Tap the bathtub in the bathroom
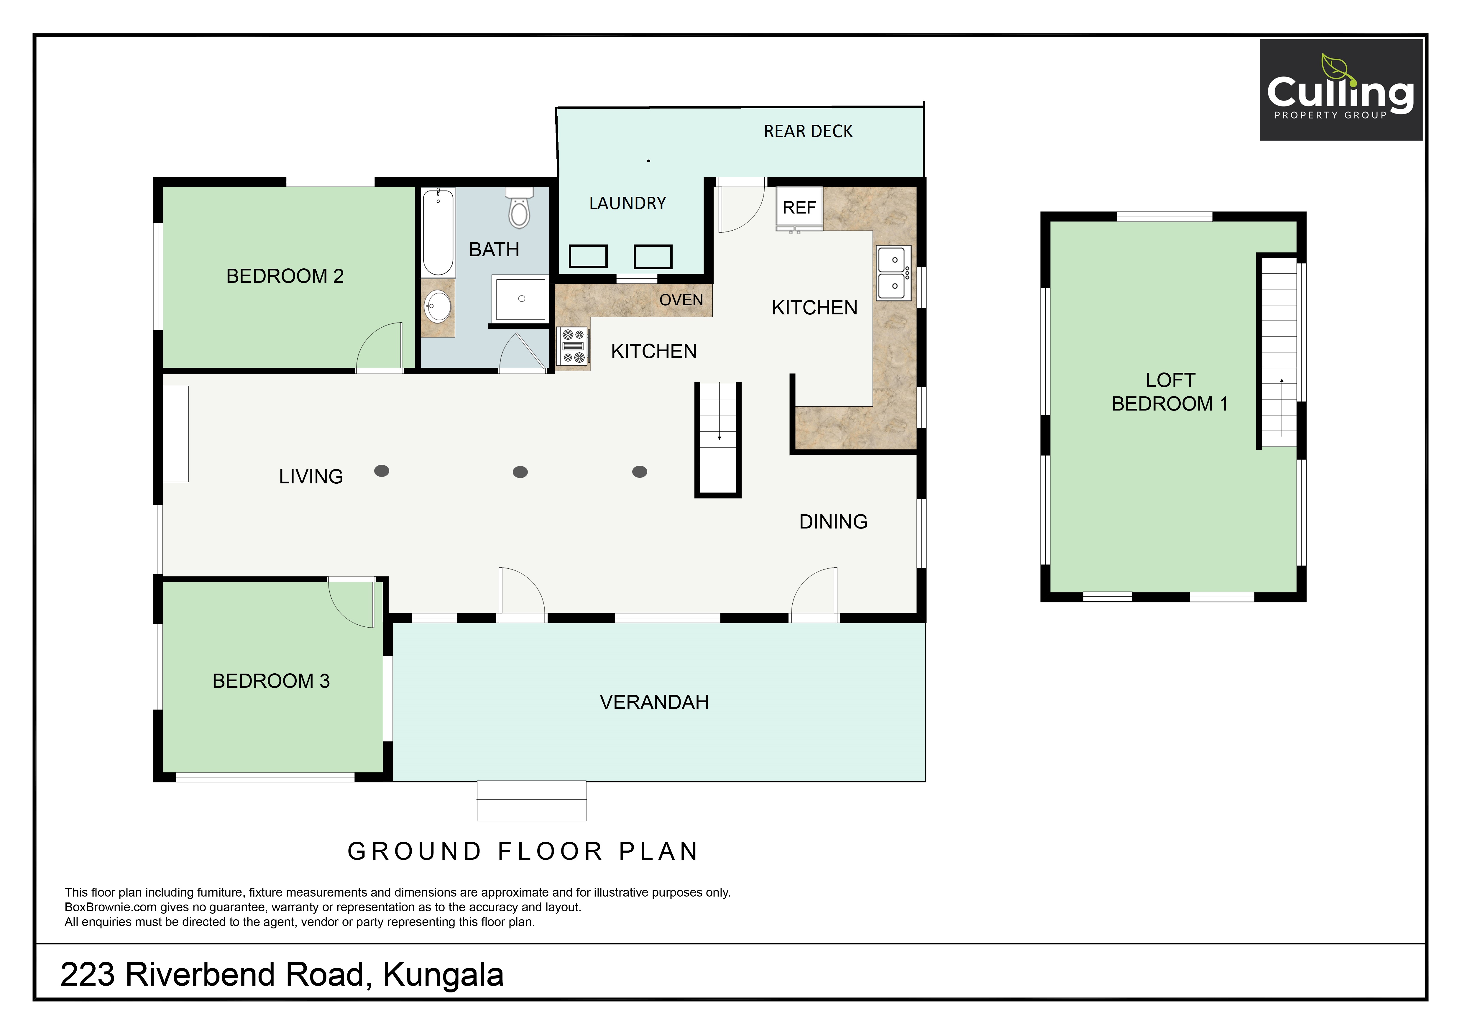tap(439, 232)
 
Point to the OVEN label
tap(681, 300)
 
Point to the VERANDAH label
tap(654, 702)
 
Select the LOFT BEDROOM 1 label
tap(1170, 392)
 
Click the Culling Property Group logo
tap(1341, 90)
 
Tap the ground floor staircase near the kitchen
tap(718, 439)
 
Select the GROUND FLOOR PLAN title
tap(523, 851)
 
